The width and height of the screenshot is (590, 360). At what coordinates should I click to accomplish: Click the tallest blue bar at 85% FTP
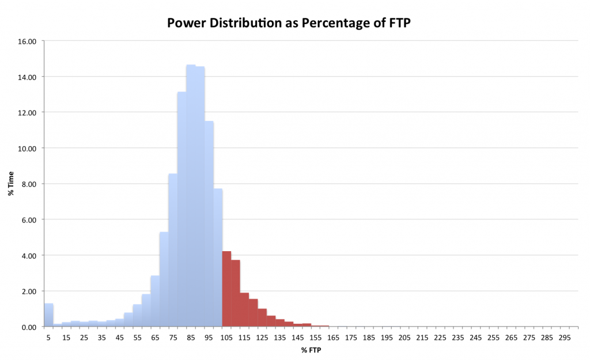(x=191, y=196)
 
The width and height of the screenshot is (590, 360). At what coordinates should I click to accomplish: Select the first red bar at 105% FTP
(x=226, y=289)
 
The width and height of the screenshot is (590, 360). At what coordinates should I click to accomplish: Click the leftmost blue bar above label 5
(x=48, y=314)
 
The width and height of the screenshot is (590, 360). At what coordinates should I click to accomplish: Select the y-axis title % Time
(x=11, y=184)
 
